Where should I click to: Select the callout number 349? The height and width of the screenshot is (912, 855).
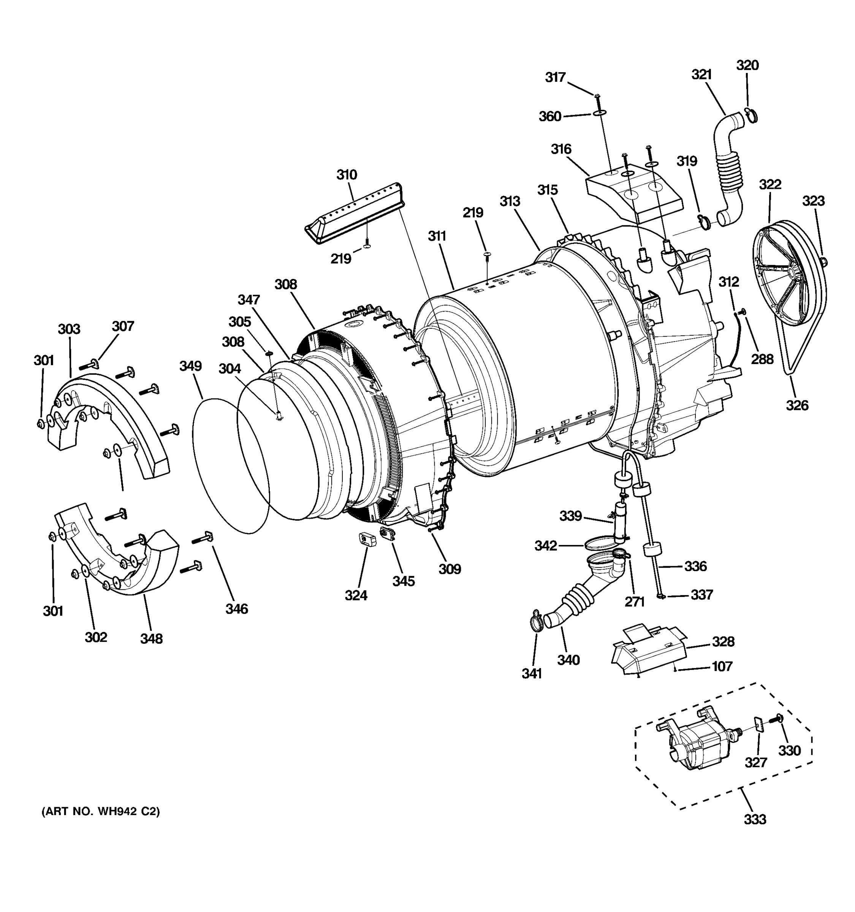[x=190, y=366]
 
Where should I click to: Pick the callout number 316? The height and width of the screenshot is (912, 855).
[x=561, y=149]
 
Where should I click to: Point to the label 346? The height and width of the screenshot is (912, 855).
[x=237, y=609]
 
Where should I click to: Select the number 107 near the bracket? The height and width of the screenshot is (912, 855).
[x=722, y=666]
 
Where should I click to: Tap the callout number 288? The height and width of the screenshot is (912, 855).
[x=762, y=359]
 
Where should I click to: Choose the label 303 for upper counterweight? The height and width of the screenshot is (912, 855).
[x=69, y=329]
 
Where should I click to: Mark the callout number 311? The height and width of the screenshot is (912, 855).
[x=437, y=236]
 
